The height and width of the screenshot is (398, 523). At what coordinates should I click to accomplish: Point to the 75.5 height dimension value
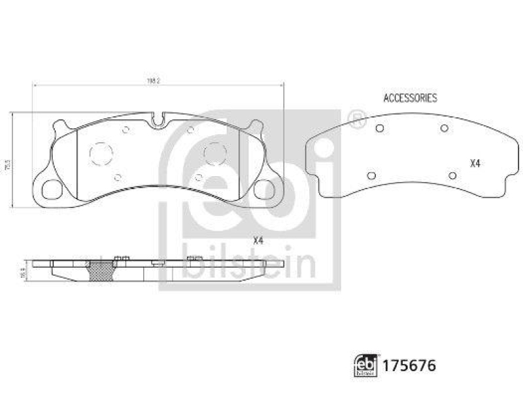point(8,160)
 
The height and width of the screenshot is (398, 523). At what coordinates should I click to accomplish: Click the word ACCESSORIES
point(410,98)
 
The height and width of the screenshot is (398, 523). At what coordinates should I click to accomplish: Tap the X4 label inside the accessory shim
point(475,164)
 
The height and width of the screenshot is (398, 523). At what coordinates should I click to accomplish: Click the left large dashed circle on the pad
point(101,154)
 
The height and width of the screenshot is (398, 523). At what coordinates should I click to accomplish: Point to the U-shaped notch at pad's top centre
point(157,120)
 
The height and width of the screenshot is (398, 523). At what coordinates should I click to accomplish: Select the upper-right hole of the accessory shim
point(444,128)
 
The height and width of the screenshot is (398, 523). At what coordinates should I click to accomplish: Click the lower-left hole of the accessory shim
point(371,175)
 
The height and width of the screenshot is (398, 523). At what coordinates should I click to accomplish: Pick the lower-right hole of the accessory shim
point(452,175)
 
